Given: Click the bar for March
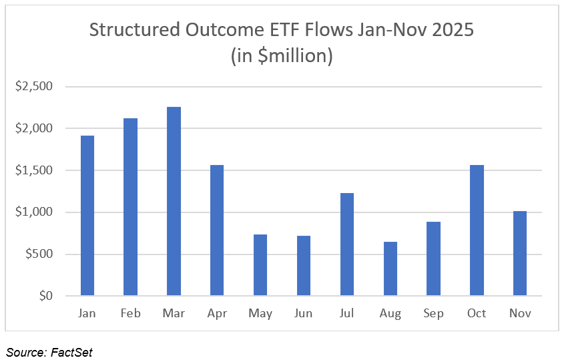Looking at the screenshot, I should click(174, 201).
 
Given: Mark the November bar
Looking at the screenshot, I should click(520, 254).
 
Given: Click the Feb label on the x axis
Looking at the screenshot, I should click(130, 313).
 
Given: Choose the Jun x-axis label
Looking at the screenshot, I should click(304, 313).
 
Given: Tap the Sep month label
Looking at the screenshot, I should click(433, 313).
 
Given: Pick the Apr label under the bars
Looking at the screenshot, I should click(217, 313).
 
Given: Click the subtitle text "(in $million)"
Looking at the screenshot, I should click(282, 56).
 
